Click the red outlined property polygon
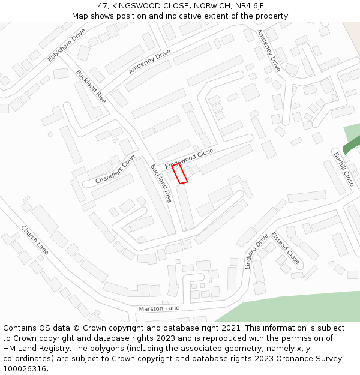point(180,173)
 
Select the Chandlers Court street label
point(116,169)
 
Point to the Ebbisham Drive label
point(67,45)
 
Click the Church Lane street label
point(34,240)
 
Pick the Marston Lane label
point(159,308)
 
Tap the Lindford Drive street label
point(256,251)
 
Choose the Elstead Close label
point(285,248)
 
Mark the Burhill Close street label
point(344,169)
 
